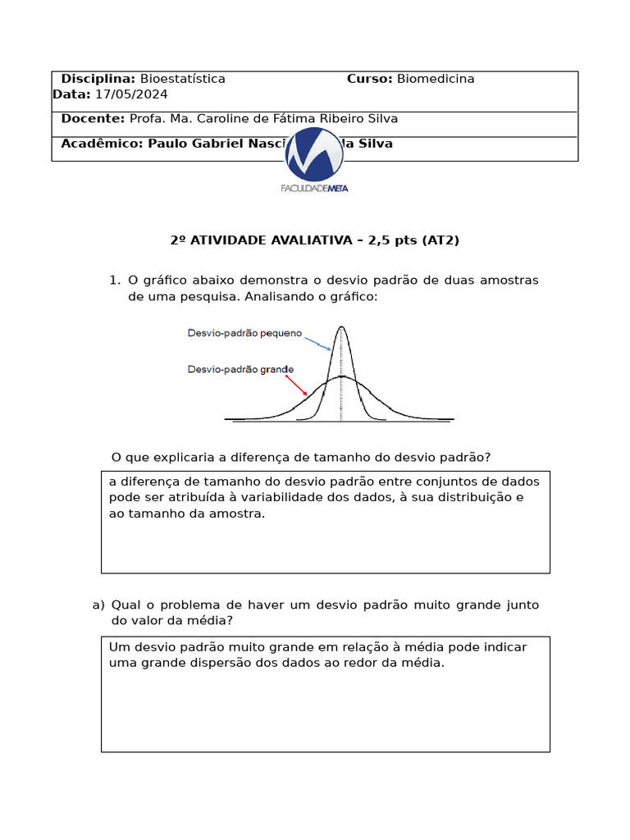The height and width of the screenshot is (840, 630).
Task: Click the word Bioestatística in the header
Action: tap(182, 79)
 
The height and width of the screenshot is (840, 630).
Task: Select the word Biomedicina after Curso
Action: tap(436, 79)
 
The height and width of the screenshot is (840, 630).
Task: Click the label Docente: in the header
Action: tap(93, 118)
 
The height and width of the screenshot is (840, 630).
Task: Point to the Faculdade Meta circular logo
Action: tap(314, 154)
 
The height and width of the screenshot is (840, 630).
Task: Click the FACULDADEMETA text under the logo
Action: tap(314, 188)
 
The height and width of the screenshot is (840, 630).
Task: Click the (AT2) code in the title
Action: tap(441, 240)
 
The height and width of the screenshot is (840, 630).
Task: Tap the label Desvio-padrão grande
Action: tap(240, 369)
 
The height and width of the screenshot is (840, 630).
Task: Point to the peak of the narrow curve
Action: tap(341, 328)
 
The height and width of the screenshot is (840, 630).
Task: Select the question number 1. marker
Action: tap(114, 281)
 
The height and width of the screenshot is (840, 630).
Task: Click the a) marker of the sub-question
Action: tap(98, 605)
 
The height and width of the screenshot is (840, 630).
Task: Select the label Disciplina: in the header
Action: tap(98, 79)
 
